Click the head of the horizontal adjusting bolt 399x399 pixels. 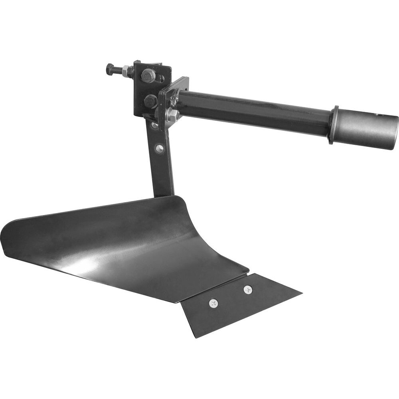coord(110,69)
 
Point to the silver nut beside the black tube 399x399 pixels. coord(172,115)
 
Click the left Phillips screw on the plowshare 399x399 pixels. coord(214,304)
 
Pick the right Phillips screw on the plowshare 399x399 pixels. coord(248,289)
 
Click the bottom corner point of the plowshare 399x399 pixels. coord(196,337)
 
